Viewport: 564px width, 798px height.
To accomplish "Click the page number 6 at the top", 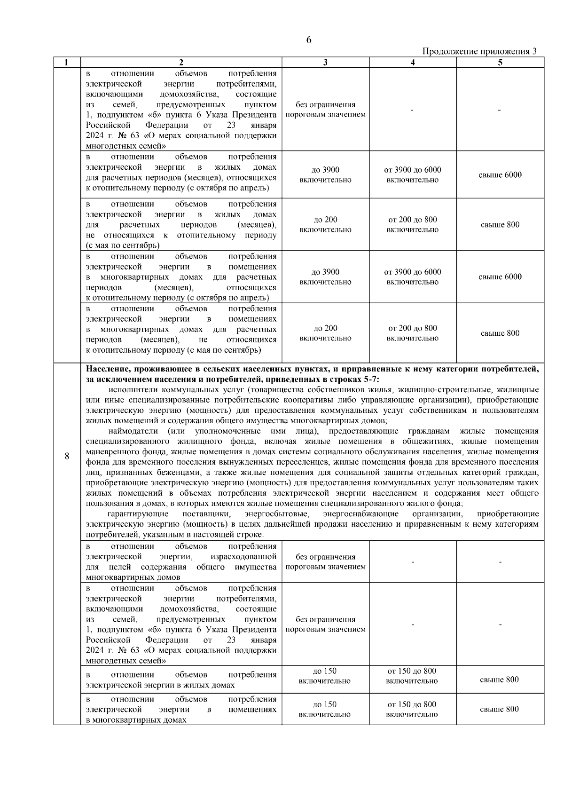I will [308, 40].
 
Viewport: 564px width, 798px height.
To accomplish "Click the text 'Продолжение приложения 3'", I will [480, 51].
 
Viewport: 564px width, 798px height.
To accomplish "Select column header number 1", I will [67, 63].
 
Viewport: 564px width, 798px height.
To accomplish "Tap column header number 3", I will [325, 63].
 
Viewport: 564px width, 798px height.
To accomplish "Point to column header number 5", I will [500, 63].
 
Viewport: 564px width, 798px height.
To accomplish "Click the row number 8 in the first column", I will [67, 456].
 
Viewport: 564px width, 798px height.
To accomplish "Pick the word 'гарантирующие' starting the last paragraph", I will [138, 514].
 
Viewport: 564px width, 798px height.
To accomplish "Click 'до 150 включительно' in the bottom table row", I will [324, 709].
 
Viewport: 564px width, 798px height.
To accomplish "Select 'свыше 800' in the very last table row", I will [499, 709].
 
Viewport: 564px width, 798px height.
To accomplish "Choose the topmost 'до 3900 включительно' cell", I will [325, 175].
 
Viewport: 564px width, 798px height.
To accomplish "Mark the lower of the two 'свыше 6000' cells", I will [500, 277].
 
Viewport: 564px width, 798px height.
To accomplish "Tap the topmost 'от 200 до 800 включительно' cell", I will [413, 225].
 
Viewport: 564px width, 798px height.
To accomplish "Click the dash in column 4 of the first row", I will [412, 110].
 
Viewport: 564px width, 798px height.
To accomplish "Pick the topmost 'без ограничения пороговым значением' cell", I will [325, 110].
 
